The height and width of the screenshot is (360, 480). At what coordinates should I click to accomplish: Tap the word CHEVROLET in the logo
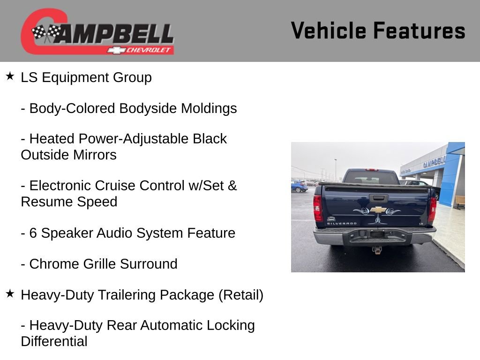click(150, 50)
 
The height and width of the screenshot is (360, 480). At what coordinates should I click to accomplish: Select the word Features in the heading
click(419, 30)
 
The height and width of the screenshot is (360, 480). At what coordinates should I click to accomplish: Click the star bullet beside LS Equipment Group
click(10, 76)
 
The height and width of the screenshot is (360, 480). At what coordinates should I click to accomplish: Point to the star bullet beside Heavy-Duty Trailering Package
click(10, 294)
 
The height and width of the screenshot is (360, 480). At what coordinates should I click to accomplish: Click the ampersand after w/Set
click(232, 186)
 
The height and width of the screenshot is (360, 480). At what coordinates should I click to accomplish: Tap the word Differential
click(54, 341)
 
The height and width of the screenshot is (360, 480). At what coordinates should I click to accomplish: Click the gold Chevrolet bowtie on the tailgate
click(378, 210)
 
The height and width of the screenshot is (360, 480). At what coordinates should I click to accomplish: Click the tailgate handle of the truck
click(378, 198)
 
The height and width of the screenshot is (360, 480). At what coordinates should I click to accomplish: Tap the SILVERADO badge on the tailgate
click(341, 224)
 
